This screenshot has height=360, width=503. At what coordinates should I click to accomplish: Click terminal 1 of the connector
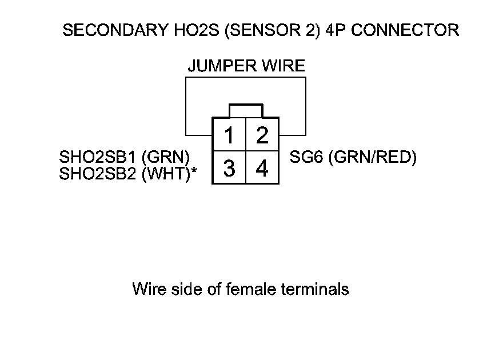click(229, 136)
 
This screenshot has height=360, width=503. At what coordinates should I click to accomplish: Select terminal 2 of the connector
click(262, 136)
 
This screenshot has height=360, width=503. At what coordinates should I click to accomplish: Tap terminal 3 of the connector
click(229, 169)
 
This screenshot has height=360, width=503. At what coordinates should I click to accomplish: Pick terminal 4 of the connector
click(262, 169)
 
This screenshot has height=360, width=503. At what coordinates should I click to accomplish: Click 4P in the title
click(334, 30)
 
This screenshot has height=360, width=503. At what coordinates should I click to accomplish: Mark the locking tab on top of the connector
click(245, 111)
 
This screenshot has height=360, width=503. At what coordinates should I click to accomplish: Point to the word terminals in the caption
click(316, 289)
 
